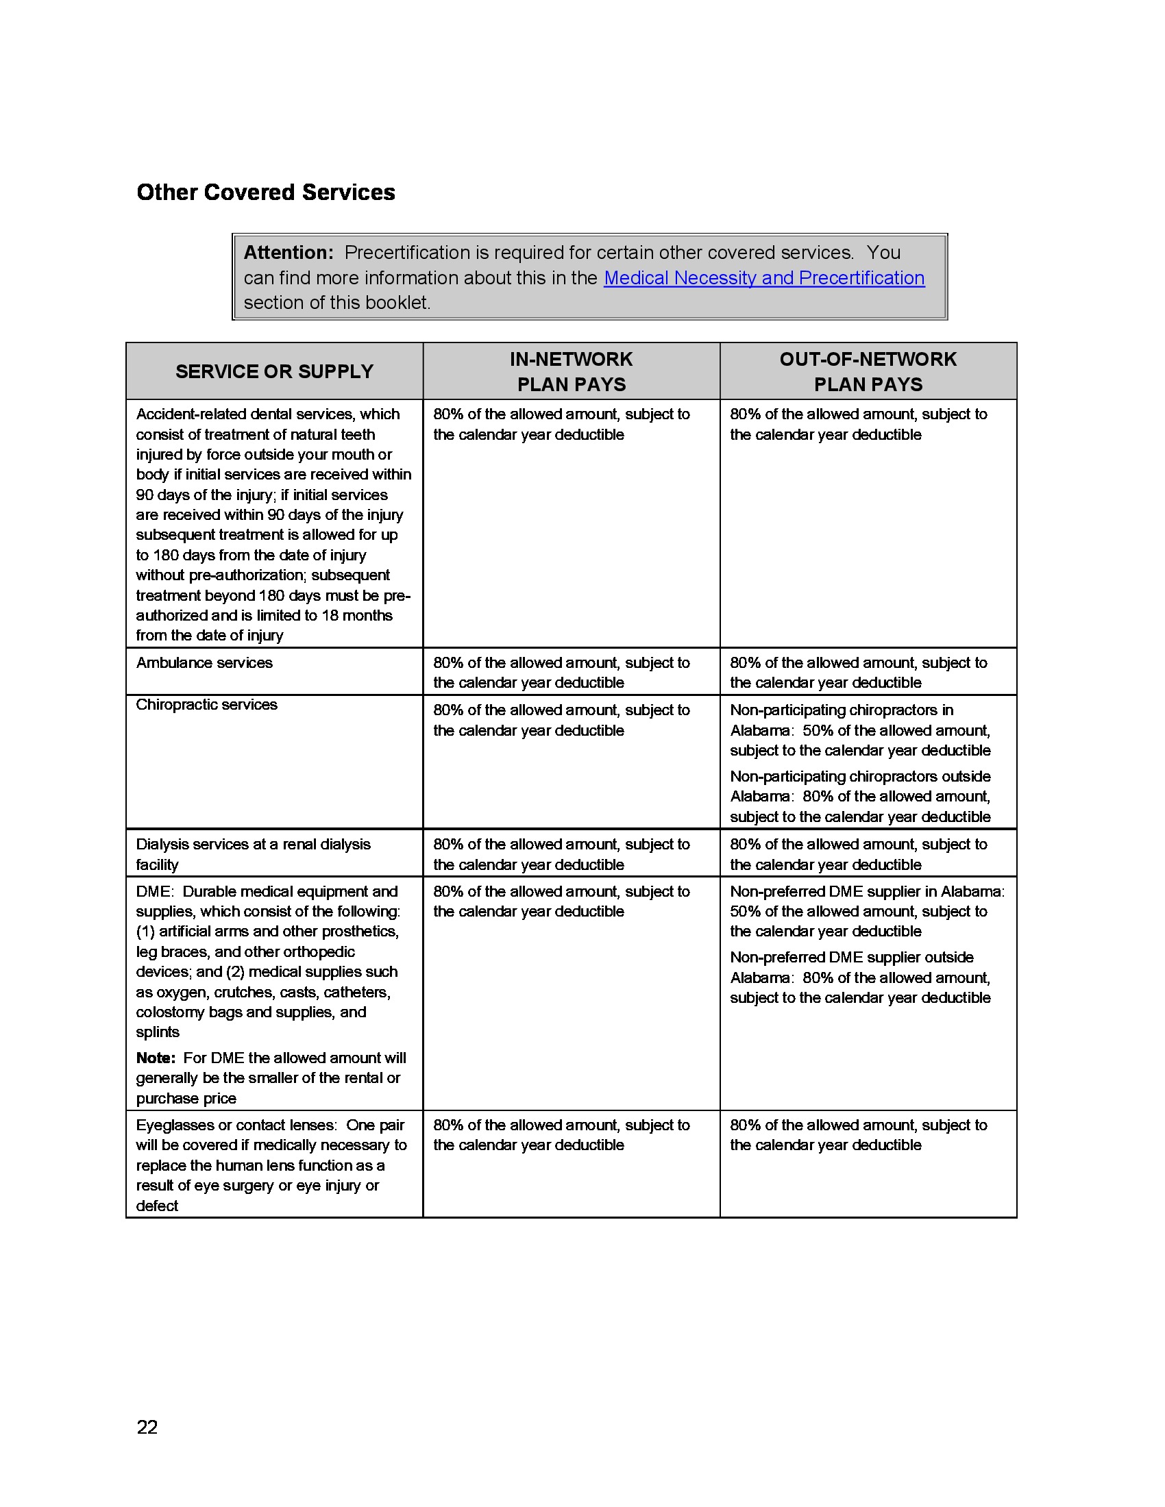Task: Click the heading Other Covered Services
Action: pos(266,192)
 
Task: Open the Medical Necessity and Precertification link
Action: pos(764,278)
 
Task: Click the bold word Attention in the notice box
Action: pos(288,253)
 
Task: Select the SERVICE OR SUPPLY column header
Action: pos(274,372)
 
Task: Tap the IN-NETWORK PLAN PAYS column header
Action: pos(572,372)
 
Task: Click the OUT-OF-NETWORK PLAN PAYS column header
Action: pos(868,372)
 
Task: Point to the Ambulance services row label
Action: pos(204,663)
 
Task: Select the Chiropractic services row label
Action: pos(206,705)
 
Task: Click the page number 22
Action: pos(147,1427)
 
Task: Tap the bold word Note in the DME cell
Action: pos(155,1058)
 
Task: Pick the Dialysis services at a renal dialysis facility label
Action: pos(253,854)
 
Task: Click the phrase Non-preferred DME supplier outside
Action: pos(851,958)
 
